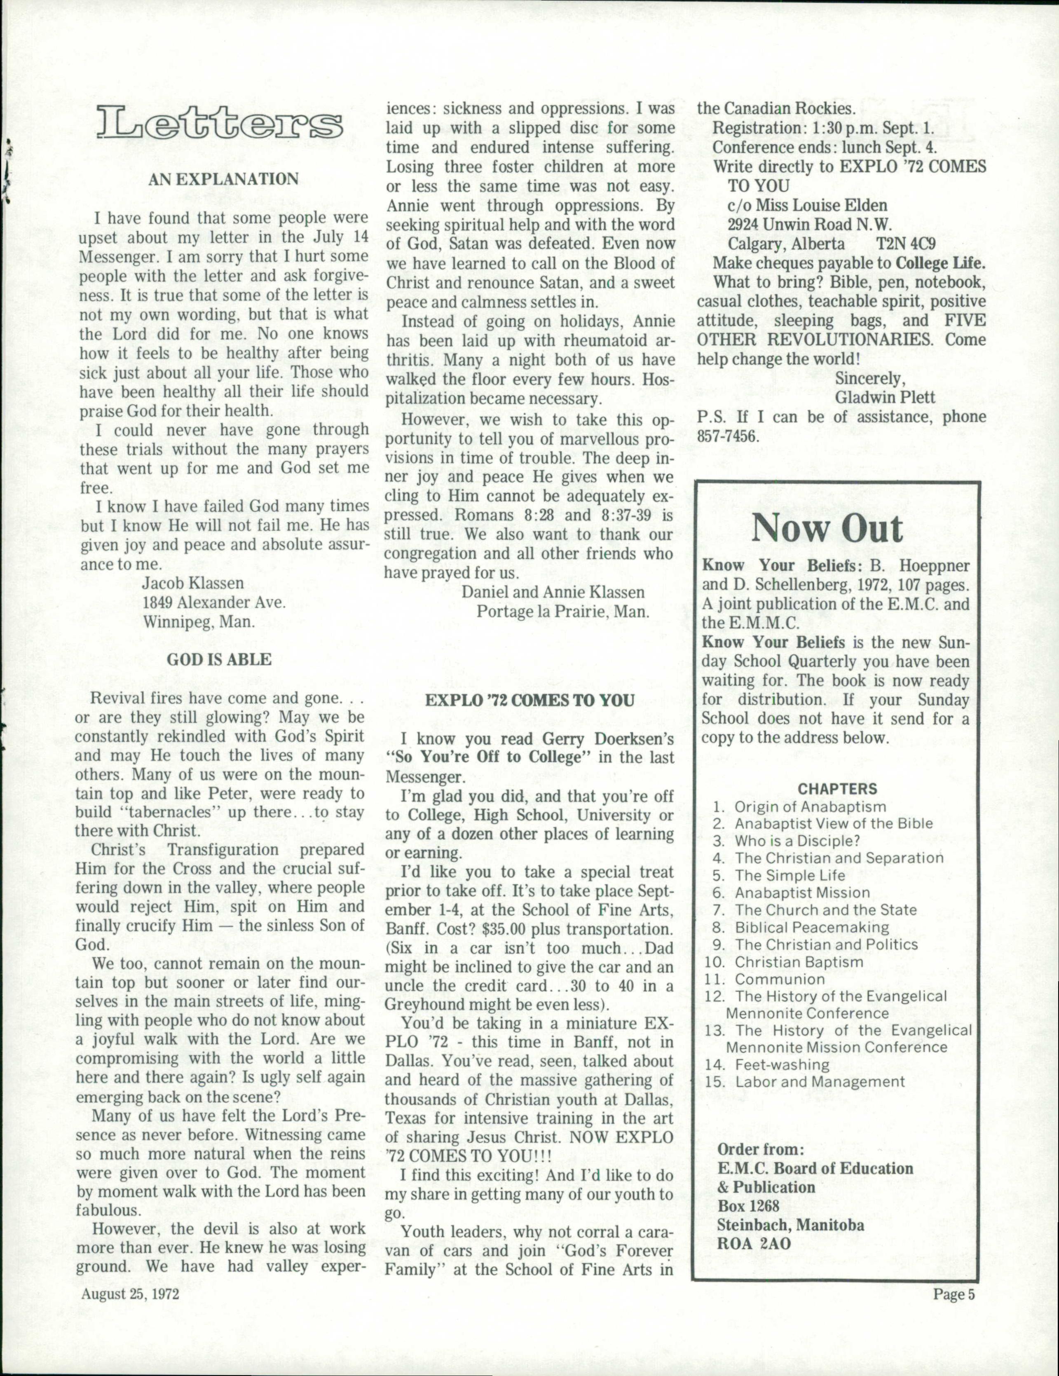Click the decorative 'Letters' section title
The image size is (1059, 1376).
pyautogui.click(x=220, y=124)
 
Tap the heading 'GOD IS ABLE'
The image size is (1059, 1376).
pyautogui.click(x=219, y=660)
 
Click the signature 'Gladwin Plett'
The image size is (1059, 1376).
pyautogui.click(x=885, y=398)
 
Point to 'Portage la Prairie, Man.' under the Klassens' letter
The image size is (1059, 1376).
pyautogui.click(x=562, y=612)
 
